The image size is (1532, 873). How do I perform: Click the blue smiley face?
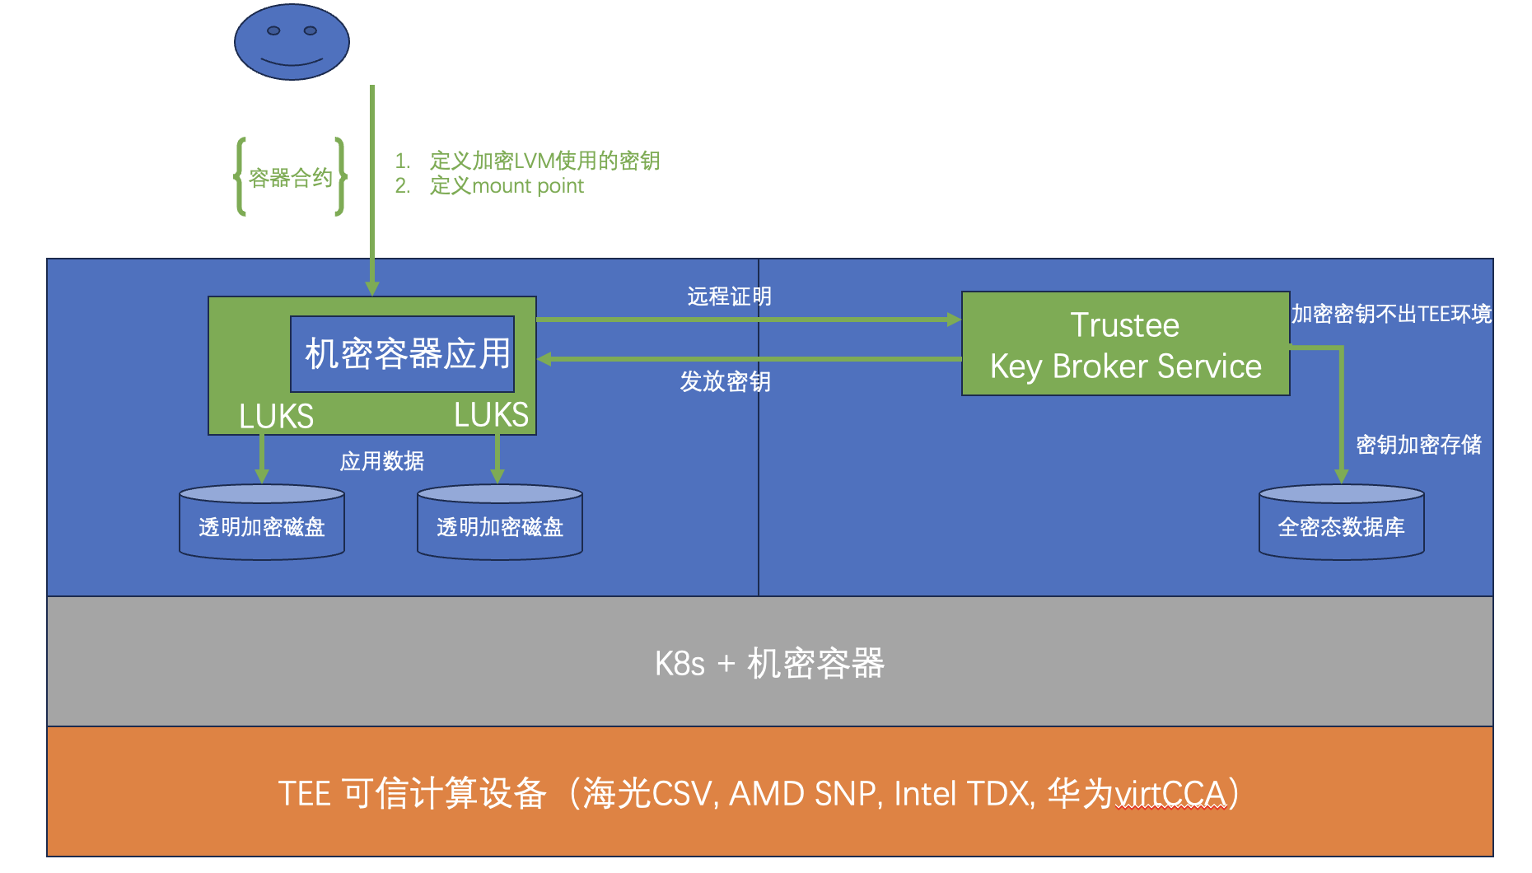292,42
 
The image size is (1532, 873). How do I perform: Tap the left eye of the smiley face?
273,30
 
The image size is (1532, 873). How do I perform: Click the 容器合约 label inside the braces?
291,178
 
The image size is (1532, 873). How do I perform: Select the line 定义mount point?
507,186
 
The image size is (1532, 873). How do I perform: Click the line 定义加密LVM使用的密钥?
544,161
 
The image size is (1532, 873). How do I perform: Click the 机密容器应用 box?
403,354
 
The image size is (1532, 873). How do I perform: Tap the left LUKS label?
276,416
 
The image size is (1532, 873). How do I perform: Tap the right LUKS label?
491,414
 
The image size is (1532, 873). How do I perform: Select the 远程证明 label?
729,296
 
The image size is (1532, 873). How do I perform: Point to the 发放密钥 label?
725,381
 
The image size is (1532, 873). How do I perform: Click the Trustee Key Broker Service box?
1125,344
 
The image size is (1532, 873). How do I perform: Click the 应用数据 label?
382,461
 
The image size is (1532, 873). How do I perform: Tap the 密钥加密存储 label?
1418,445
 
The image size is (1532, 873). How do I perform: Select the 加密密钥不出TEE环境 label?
1391,314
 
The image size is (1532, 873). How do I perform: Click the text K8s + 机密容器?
769,663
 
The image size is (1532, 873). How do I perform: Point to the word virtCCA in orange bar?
1170,794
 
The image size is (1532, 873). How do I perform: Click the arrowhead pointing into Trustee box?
954,320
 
